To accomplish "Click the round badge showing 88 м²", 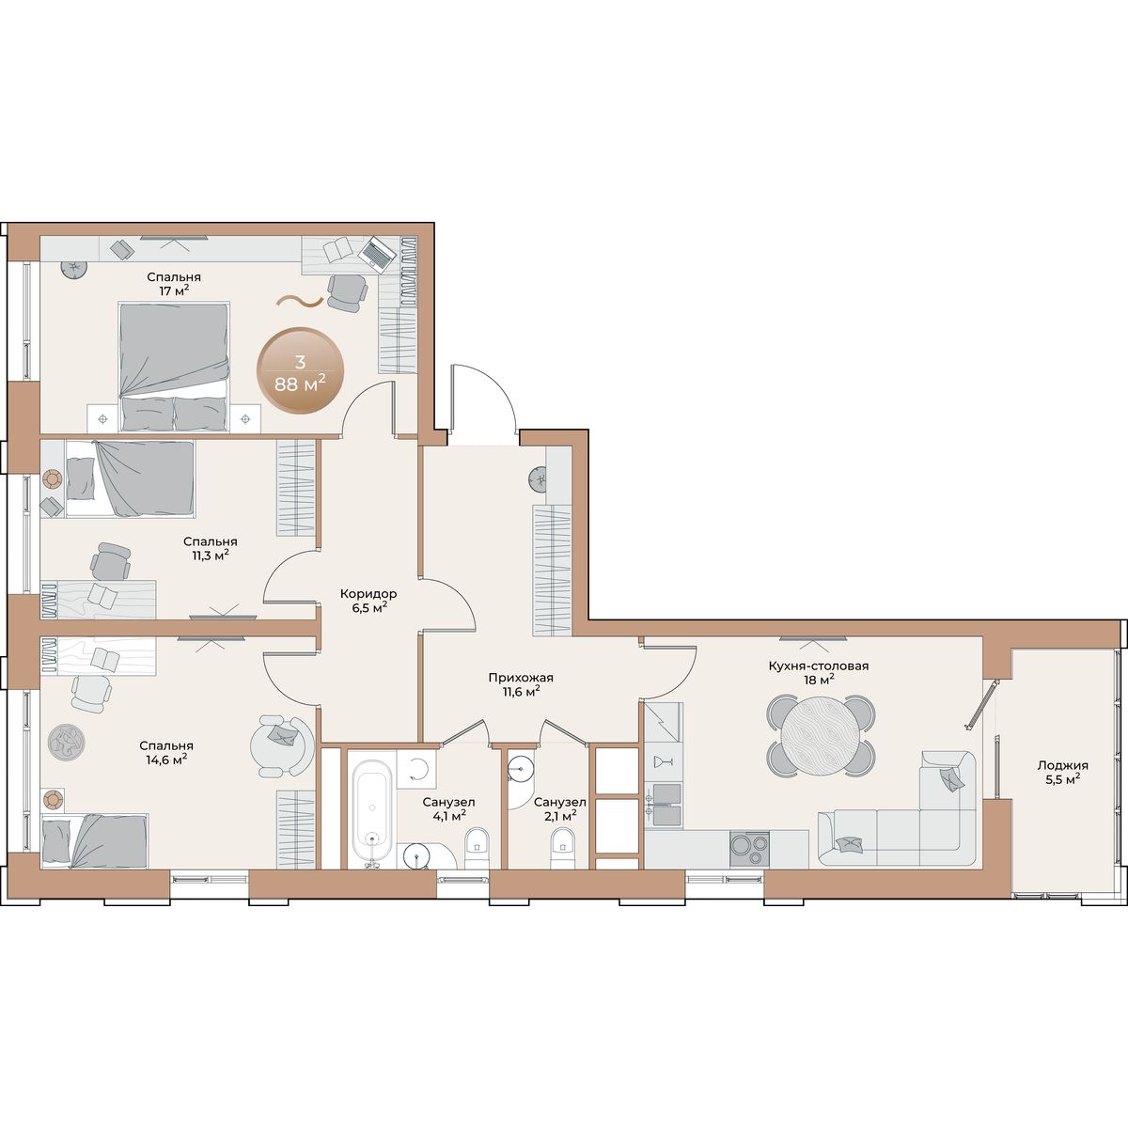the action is [x=300, y=370].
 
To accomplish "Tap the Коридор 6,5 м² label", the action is [x=368, y=600].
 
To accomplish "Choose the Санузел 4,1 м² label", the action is [x=448, y=808].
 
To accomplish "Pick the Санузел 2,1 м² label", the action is [x=559, y=808].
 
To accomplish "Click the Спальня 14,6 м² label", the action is [x=166, y=752].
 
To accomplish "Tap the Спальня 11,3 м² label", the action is [x=210, y=548].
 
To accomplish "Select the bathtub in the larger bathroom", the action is [x=373, y=813].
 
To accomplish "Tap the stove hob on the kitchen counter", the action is [x=750, y=849].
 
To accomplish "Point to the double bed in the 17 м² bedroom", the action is [x=174, y=367].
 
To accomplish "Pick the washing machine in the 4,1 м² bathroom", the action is [x=416, y=770].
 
